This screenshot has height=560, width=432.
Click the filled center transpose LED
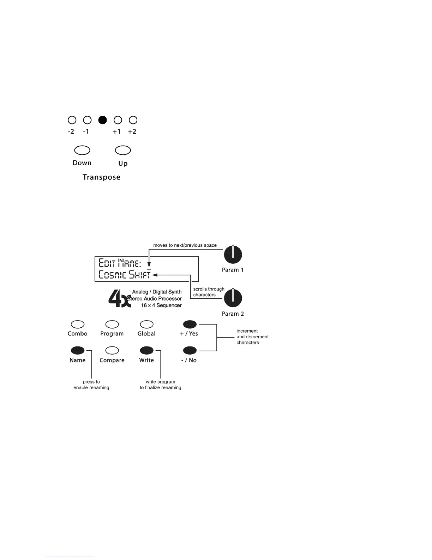coord(102,120)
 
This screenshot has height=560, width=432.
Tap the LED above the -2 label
coord(72,120)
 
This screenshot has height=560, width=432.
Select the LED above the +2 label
coord(133,120)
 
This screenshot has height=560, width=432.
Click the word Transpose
coord(101,177)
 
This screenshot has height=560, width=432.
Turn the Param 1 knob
coord(233,255)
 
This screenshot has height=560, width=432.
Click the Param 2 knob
coord(233,298)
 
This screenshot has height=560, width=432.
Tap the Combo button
coord(78,324)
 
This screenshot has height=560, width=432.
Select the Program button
coord(112,324)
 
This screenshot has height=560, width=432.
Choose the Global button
coord(147,324)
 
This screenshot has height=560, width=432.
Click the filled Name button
coord(78,350)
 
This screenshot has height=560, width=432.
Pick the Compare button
coord(112,350)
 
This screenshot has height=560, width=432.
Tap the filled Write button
coord(147,350)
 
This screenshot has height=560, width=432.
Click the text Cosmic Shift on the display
coord(125,274)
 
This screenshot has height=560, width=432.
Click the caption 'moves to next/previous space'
coord(185,245)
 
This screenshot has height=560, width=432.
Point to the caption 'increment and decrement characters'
coord(252,337)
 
